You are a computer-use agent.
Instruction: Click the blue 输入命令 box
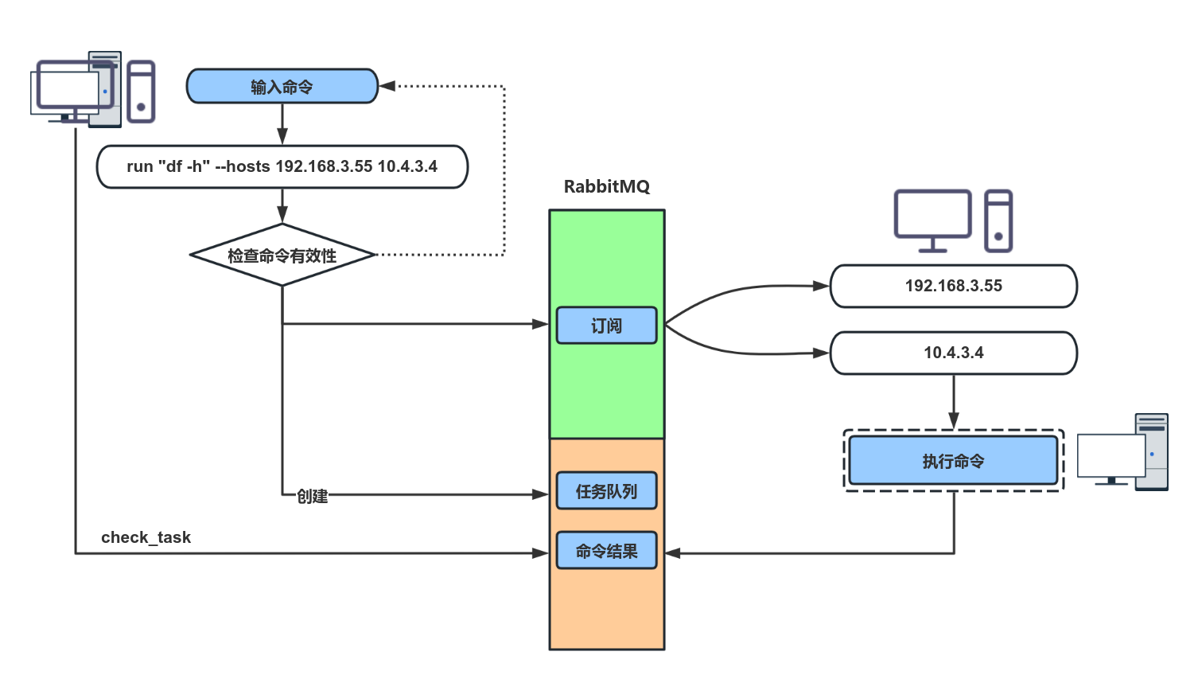282,86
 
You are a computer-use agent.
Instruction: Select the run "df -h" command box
282,166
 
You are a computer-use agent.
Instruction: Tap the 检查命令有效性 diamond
282,256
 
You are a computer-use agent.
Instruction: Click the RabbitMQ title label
606,186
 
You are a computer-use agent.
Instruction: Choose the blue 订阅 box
606,326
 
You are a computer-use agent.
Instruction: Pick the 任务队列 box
606,491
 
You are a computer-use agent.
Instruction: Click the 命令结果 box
606,551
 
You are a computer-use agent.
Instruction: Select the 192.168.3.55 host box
953,286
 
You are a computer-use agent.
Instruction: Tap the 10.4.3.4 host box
953,353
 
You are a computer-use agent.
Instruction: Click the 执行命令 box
953,461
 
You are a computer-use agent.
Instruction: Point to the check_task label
146,537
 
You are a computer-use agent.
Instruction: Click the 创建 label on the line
312,496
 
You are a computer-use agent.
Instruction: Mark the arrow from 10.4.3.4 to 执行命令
953,402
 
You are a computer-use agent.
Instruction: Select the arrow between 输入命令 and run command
282,124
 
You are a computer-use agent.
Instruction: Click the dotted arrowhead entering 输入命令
387,86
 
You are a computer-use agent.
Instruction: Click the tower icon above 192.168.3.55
998,220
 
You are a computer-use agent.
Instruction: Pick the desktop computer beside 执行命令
1122,452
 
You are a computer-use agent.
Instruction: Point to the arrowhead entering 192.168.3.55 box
821,286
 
